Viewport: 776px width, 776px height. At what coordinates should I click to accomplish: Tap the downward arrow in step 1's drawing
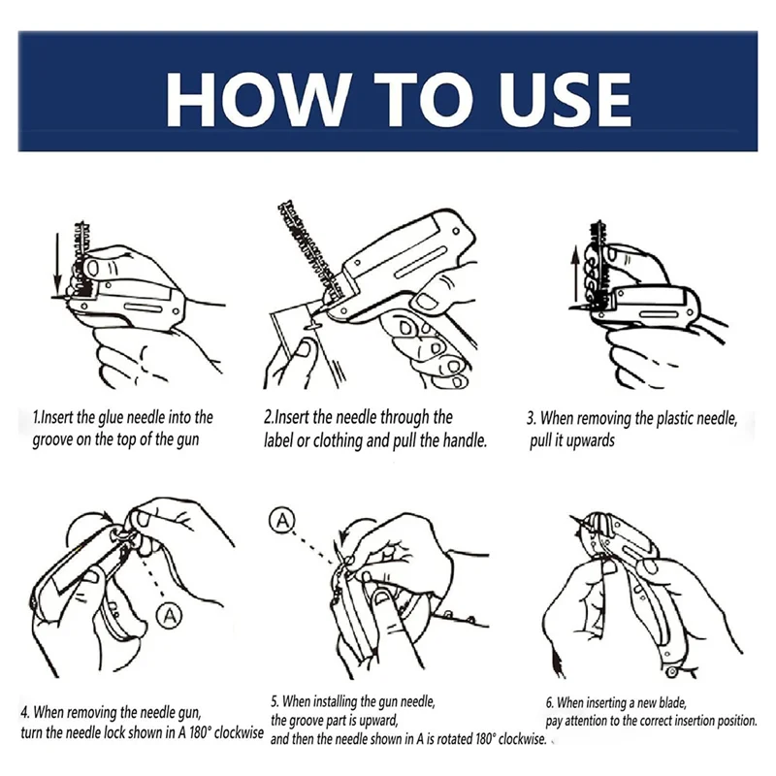tap(58, 266)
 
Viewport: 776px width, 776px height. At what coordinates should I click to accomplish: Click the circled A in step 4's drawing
tap(169, 616)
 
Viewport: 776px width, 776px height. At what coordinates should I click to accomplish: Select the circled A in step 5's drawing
tap(282, 521)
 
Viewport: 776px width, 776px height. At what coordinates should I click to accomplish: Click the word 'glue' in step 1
tap(111, 418)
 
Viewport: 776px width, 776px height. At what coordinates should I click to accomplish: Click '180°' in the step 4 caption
tap(200, 732)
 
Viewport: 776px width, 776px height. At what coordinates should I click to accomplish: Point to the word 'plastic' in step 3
tap(675, 418)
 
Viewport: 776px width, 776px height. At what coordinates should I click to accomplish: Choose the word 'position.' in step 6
tap(737, 721)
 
